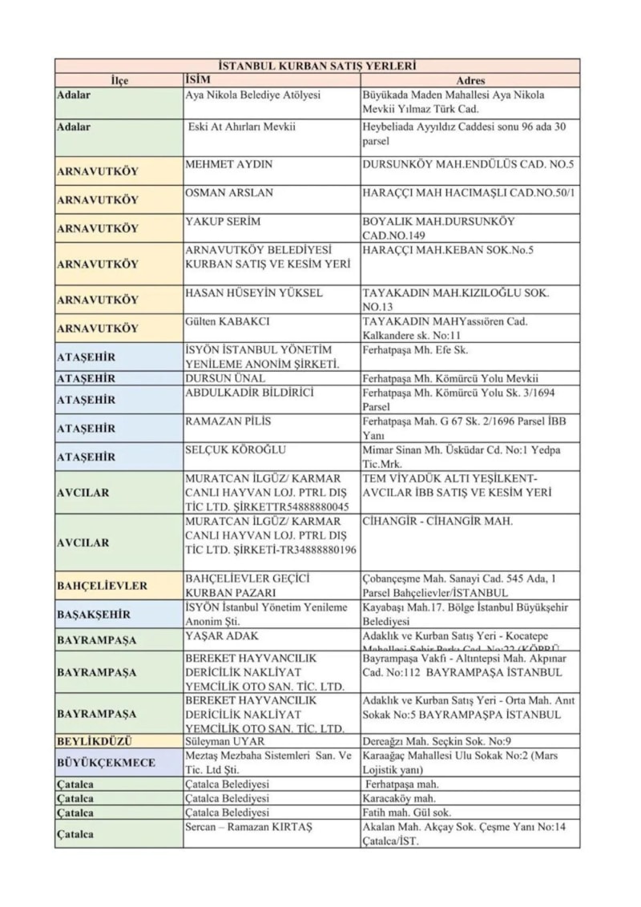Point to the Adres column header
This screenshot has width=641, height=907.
pyautogui.click(x=470, y=81)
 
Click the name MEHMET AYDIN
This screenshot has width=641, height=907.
pyautogui.click(x=229, y=164)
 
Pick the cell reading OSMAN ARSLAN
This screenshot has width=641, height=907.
pyautogui.click(x=229, y=192)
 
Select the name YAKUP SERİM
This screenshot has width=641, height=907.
pyautogui.click(x=224, y=221)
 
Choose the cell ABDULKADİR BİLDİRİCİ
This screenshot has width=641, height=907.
pyautogui.click(x=249, y=393)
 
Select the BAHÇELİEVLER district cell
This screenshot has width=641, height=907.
pyautogui.click(x=102, y=586)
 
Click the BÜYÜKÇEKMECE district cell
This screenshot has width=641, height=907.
pyautogui.click(x=106, y=763)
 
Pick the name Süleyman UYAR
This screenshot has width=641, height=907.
pyautogui.click(x=225, y=741)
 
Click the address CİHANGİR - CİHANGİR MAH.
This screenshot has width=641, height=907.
pyautogui.click(x=437, y=522)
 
